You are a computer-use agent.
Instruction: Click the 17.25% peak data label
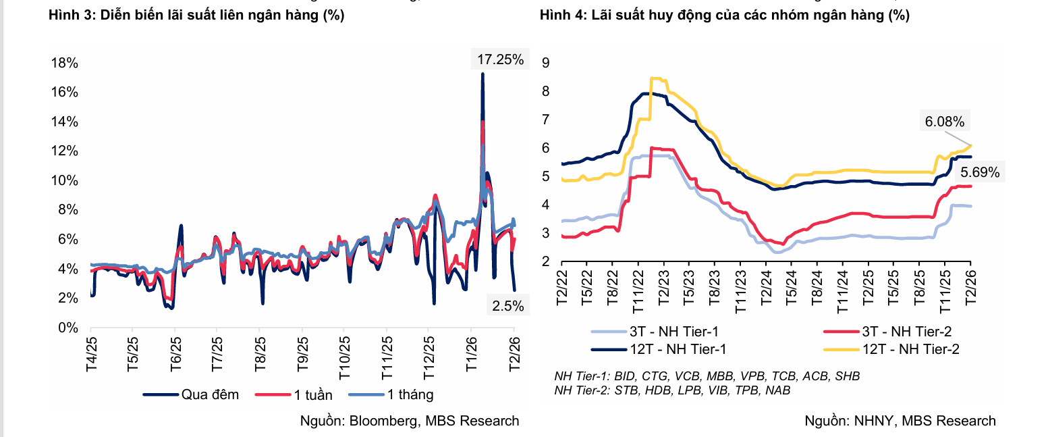coord(500,59)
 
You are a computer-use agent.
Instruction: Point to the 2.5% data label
coord(507,305)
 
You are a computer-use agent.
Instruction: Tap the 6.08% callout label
coord(943,122)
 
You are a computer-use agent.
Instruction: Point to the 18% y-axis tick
coord(65,63)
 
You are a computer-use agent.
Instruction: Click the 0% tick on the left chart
coord(69,328)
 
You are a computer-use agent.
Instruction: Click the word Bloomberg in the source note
coord(383,421)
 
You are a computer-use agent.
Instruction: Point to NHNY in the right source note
coord(871,421)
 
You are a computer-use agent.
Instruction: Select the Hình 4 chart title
coord(724,16)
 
